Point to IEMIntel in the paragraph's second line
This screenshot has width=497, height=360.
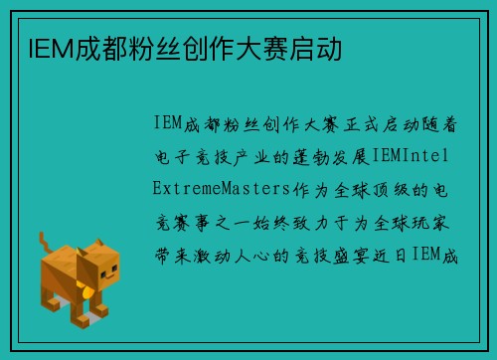click(x=416, y=157)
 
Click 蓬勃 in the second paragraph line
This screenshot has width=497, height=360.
click(x=309, y=157)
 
